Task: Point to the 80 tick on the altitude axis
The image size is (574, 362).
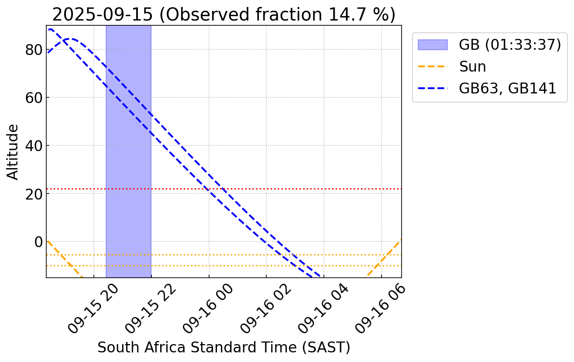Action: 33,50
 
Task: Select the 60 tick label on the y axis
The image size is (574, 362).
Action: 33,97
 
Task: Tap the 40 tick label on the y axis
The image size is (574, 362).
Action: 33,145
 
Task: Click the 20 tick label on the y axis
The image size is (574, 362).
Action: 33,193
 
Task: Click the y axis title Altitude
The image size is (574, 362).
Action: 14,152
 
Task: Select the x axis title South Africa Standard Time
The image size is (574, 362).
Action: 223,348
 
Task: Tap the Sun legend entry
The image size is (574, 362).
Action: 472,66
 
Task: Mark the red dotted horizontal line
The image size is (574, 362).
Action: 306,189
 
